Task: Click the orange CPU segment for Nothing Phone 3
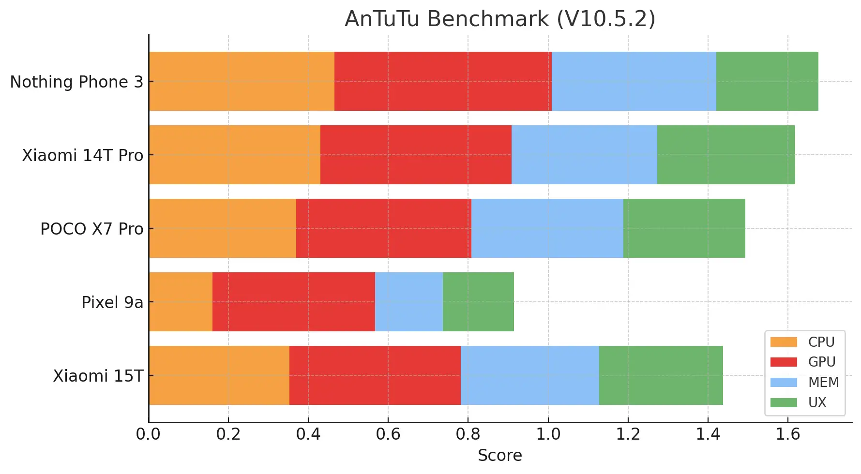[x=242, y=81]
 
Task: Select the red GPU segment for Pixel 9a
[x=293, y=302]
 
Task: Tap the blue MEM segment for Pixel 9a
[x=408, y=302]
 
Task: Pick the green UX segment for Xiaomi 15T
[x=661, y=375]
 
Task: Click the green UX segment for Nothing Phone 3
[x=767, y=81]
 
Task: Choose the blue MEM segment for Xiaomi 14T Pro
[x=584, y=155]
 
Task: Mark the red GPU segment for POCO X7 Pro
[x=383, y=228]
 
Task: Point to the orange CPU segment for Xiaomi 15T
[x=219, y=375]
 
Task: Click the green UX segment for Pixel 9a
[x=478, y=302]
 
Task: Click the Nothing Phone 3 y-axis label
[x=76, y=82]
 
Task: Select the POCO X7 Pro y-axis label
[x=91, y=229]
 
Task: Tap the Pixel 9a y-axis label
[x=112, y=302]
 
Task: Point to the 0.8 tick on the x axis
[x=468, y=434]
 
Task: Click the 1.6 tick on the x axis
[x=788, y=434]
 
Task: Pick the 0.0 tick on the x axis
[x=148, y=434]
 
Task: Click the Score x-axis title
[x=499, y=455]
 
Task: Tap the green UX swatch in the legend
[x=784, y=402]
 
